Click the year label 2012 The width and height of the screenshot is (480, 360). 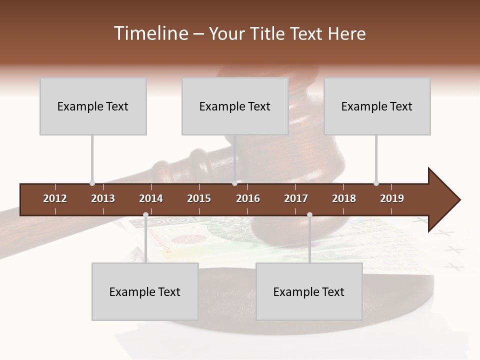55,198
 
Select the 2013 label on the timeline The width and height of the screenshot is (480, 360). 103,198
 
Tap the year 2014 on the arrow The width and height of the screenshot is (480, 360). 151,198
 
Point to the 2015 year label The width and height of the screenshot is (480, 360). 199,198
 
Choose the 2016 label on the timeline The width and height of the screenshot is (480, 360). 248,198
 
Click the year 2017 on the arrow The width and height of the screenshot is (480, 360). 296,198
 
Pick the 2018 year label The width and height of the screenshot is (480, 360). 344,198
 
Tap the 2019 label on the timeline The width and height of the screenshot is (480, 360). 392,198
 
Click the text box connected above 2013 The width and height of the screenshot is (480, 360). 93,106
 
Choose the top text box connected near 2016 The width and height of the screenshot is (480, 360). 235,106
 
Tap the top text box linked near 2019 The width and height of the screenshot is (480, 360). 377,106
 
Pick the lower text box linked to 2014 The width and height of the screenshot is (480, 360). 145,291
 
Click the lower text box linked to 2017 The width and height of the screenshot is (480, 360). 309,291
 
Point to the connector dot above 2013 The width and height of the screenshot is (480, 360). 92,183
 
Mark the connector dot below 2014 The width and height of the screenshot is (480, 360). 145,215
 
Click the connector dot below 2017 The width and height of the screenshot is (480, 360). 309,215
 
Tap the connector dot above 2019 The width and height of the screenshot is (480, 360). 376,183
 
